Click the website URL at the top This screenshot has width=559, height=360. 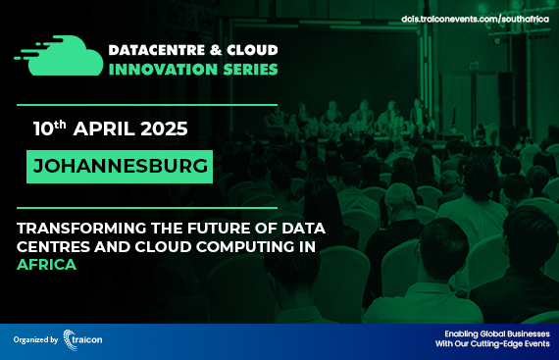(475, 19)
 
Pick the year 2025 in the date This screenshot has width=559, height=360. (161, 129)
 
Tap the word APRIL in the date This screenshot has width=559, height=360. (103, 129)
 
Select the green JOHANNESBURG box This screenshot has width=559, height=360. (122, 165)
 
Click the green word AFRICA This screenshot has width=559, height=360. (47, 265)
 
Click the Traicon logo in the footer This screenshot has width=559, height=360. (82, 338)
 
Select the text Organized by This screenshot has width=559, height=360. (35, 339)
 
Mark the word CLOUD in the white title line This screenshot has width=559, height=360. (253, 50)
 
